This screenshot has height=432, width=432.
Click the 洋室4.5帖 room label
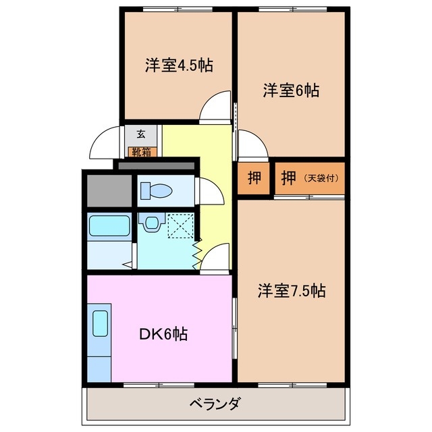tap(178, 65)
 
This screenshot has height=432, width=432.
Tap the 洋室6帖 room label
tap(291, 90)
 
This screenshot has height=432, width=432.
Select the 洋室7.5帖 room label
tap(291, 291)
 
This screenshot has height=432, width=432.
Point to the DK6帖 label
tap(163, 333)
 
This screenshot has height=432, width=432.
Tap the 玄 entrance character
tap(140, 134)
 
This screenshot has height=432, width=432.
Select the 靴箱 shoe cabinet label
tap(140, 151)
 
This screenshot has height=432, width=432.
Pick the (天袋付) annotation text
tap(321, 178)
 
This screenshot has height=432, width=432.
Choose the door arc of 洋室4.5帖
tap(217, 108)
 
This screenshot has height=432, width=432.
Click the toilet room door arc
tap(211, 192)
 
